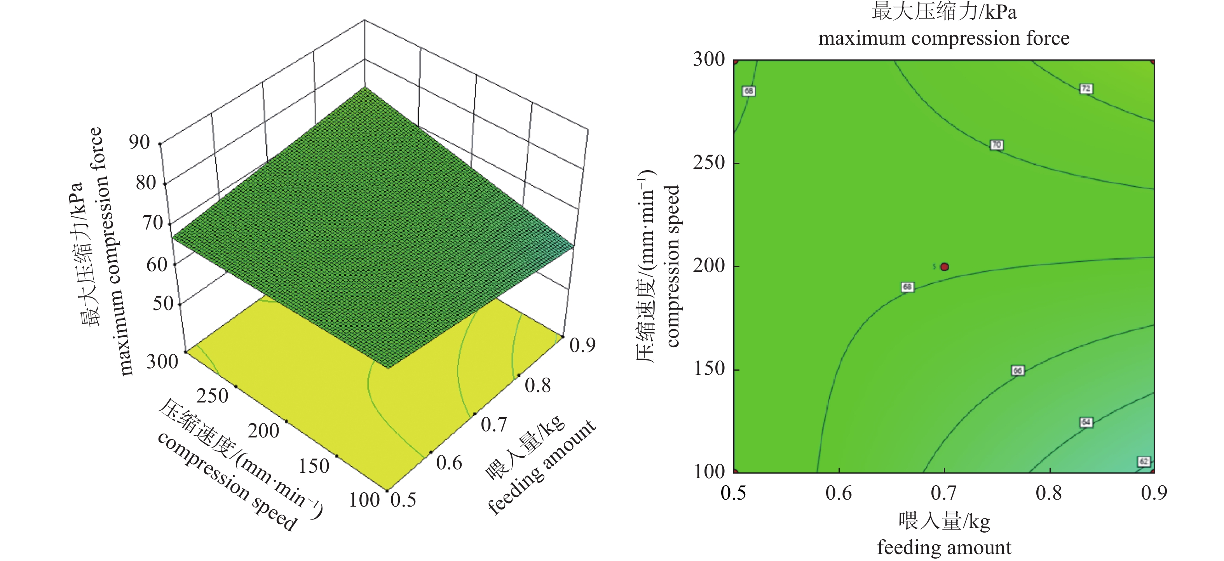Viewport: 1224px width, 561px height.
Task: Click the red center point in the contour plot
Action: tap(944, 267)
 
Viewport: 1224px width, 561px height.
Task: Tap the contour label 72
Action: tap(1086, 89)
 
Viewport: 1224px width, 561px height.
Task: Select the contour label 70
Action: tap(996, 145)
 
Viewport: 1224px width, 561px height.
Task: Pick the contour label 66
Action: tap(1017, 371)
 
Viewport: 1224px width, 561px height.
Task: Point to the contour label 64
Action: tap(1086, 422)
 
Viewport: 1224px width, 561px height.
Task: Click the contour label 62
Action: tap(1144, 462)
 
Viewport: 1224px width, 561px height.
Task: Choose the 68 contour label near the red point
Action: tap(907, 287)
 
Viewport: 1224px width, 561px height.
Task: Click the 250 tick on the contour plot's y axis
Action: tap(709, 163)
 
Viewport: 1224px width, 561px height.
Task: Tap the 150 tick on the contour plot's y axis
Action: tap(709, 369)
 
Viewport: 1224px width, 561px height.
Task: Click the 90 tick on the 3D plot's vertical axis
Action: tap(139, 142)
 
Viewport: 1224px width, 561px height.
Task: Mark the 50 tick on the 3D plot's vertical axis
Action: tap(162, 303)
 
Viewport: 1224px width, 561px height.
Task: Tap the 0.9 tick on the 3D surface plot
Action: tap(582, 345)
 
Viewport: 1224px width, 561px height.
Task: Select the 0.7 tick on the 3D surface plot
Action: tap(494, 424)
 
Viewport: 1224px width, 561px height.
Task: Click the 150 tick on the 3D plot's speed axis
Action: tap(314, 466)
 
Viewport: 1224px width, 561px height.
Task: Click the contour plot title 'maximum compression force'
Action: tap(944, 38)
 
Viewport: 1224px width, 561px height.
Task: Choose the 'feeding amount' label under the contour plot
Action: tap(944, 548)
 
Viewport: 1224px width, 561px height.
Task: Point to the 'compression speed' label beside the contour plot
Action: tap(673, 266)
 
